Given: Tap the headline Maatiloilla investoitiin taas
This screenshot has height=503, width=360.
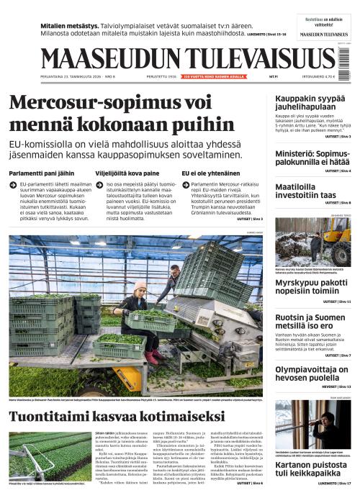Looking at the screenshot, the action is (306, 191).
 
